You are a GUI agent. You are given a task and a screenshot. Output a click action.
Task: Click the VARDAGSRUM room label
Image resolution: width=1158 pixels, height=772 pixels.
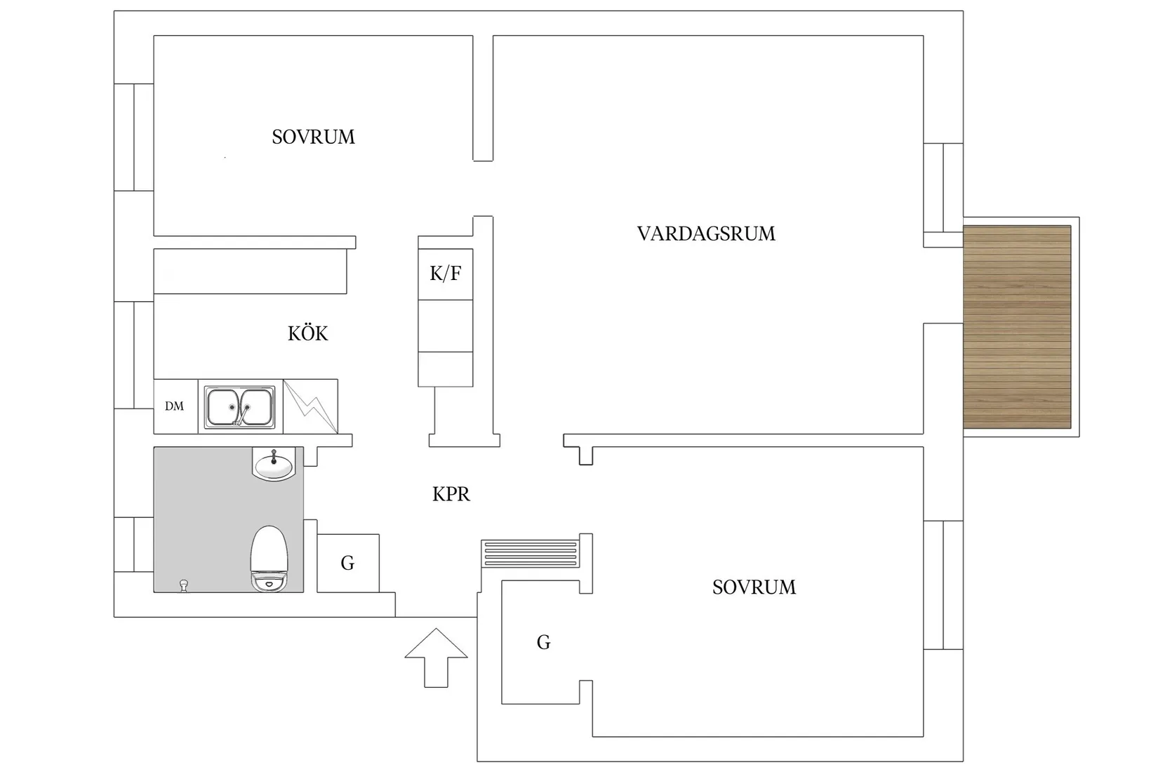click(706, 234)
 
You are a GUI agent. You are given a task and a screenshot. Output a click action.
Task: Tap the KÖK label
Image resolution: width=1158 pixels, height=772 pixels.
click(307, 333)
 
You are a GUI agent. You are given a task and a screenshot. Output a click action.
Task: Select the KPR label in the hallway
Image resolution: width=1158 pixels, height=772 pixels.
click(451, 495)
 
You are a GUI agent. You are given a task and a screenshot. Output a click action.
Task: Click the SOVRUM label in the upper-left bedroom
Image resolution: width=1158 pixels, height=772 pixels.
click(313, 137)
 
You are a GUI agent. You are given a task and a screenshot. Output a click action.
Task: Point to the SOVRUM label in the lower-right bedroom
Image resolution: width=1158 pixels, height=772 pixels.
click(754, 587)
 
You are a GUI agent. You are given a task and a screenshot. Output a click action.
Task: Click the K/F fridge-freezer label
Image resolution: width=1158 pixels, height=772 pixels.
click(446, 274)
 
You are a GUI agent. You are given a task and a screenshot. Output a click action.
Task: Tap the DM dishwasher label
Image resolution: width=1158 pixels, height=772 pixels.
click(174, 406)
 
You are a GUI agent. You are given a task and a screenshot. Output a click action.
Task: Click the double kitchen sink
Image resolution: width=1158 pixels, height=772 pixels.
click(239, 406)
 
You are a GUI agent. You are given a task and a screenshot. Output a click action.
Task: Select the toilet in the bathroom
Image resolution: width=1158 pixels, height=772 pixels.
click(269, 559)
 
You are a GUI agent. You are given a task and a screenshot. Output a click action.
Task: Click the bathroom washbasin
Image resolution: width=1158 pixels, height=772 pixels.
click(274, 464)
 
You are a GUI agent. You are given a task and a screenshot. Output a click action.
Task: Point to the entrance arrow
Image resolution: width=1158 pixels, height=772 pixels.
click(436, 656)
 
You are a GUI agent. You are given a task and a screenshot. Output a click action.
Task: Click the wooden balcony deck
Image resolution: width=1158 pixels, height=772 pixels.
click(1017, 327)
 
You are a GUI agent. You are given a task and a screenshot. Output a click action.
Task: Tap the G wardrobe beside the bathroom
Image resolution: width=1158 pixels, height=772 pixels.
click(348, 563)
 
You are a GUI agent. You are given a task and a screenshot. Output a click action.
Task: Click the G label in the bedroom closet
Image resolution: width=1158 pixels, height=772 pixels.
click(543, 642)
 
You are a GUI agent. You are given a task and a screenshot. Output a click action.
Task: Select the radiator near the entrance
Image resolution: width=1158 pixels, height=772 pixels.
click(531, 553)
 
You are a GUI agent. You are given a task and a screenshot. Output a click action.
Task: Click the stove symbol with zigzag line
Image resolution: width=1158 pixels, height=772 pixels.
click(310, 406)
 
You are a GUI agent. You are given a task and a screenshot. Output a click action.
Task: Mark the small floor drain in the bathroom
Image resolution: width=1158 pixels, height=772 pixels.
click(185, 585)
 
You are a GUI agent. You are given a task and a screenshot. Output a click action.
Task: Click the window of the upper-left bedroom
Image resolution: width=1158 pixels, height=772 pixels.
click(134, 137)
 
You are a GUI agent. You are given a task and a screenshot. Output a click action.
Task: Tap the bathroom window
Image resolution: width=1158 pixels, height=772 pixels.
click(134, 545)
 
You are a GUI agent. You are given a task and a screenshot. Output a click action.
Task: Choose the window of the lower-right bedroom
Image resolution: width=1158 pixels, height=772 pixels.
click(943, 585)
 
